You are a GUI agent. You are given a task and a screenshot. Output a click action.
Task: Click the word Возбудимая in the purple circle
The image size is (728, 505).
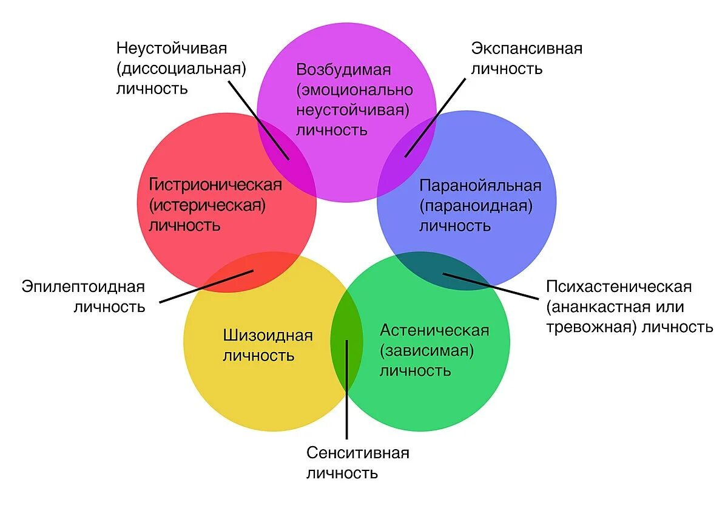point(343,69)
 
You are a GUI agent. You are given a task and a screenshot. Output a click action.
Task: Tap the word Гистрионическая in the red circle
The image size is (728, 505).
point(215,184)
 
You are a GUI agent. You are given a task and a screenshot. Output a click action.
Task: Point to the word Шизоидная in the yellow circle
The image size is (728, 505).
point(268,335)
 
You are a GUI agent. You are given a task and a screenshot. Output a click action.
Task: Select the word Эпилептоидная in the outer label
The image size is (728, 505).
point(83,286)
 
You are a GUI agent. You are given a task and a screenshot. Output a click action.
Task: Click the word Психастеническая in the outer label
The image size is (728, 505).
point(619,286)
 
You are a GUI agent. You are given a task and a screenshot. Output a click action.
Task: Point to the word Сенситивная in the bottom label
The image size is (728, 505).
point(358,453)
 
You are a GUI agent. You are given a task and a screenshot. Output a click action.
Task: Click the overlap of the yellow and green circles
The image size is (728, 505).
point(347,340)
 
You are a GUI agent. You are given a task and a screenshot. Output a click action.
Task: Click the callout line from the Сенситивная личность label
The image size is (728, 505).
point(347,401)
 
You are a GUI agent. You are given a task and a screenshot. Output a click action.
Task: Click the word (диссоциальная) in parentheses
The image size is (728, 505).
point(181,68)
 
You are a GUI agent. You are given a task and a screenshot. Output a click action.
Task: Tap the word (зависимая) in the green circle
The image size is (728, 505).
point(426,350)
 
